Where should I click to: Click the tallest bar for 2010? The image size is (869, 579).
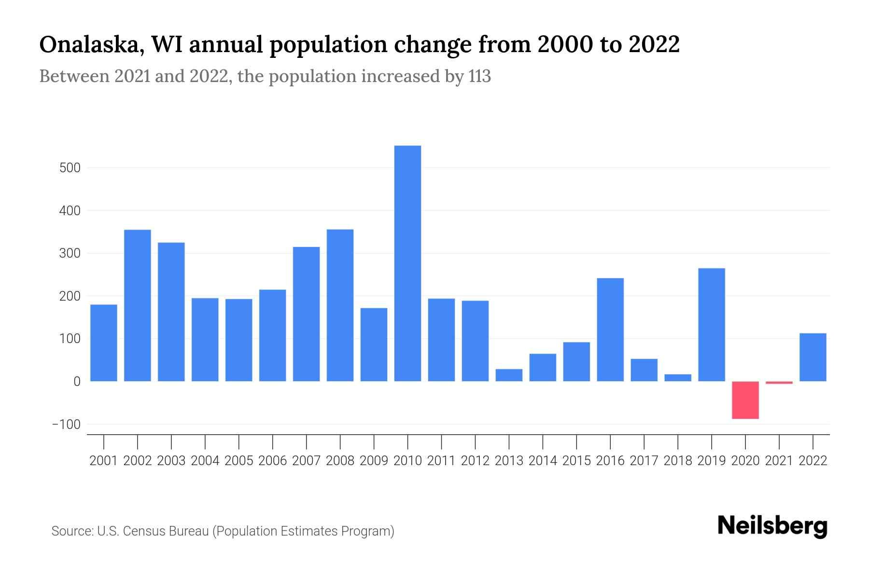click(407, 263)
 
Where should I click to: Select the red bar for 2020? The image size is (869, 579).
click(745, 400)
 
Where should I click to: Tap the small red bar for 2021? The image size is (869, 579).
click(779, 383)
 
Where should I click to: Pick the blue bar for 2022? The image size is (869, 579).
click(813, 357)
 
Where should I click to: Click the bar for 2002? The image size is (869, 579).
click(138, 305)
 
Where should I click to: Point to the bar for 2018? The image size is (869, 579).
click(677, 378)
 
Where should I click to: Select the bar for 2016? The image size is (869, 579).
click(610, 330)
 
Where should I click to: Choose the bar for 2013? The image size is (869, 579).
click(509, 375)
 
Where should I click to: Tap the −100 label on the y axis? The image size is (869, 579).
click(66, 425)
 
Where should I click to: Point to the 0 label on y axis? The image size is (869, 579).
click(76, 382)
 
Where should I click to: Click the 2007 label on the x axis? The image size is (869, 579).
click(306, 461)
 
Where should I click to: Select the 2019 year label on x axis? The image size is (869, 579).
click(711, 461)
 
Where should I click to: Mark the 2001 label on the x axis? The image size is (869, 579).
click(104, 461)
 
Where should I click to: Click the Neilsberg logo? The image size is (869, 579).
click(772, 526)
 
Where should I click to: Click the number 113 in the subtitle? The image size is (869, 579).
click(479, 76)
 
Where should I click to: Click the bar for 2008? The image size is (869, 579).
click(340, 305)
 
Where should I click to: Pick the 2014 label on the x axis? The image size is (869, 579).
click(543, 461)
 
